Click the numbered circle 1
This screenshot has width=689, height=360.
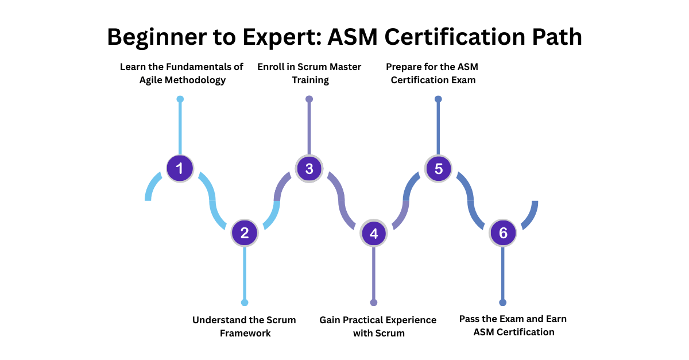180,169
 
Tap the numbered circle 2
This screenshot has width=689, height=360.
245,233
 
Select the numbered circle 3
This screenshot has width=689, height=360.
309,169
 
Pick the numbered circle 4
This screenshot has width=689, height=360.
374,233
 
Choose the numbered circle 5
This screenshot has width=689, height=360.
439,169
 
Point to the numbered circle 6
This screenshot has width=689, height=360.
503,233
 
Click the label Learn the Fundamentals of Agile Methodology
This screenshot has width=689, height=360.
181,73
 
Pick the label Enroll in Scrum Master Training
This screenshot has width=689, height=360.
309,73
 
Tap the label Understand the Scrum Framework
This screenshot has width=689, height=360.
245,326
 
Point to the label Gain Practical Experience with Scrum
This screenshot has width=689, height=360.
378,326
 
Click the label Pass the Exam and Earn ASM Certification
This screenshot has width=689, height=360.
513,325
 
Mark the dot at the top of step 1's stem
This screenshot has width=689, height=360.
180,99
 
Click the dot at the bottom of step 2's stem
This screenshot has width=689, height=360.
245,303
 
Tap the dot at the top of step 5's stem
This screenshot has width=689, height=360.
439,99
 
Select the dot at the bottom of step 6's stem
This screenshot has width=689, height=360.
503,303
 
